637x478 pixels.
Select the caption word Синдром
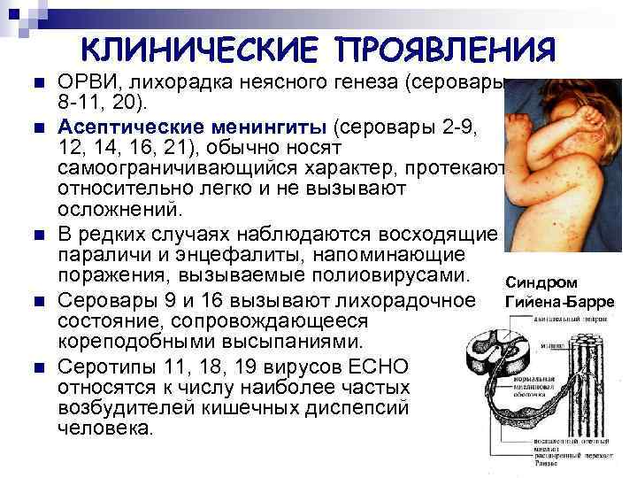pos(541,283)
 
